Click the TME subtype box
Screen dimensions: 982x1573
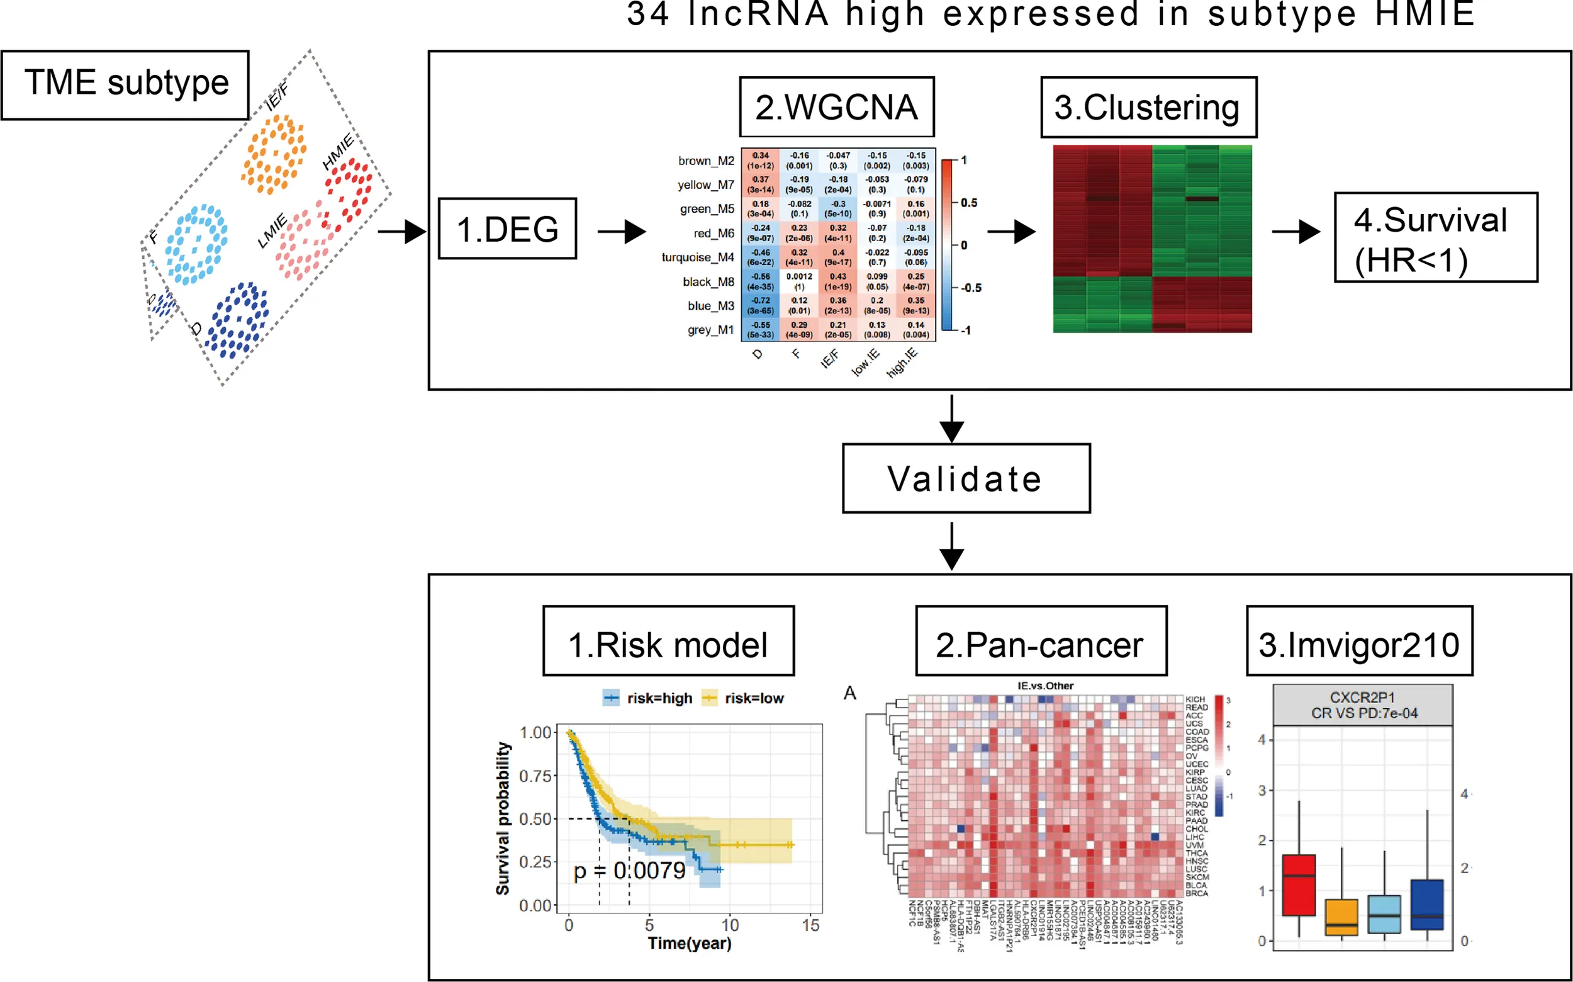pyautogui.click(x=125, y=85)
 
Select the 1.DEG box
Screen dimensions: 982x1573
pyautogui.click(x=507, y=229)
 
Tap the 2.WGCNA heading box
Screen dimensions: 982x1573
pyautogui.click(x=836, y=107)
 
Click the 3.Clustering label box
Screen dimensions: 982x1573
pyautogui.click(x=1148, y=107)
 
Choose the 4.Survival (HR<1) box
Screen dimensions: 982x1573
pyautogui.click(x=1435, y=238)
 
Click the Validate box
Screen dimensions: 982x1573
pyautogui.click(x=965, y=478)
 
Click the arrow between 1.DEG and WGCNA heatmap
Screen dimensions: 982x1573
pyautogui.click(x=621, y=231)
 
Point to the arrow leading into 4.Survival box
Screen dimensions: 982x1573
pyautogui.click(x=1295, y=231)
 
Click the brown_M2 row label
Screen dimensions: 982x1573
pyautogui.click(x=706, y=161)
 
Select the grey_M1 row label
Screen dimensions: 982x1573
pyautogui.click(x=710, y=330)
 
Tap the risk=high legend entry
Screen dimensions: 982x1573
pyautogui.click(x=648, y=698)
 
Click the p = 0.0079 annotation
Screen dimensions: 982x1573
pyautogui.click(x=629, y=871)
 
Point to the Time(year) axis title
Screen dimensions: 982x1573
pyautogui.click(x=689, y=943)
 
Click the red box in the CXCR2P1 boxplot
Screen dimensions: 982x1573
pyautogui.click(x=1299, y=885)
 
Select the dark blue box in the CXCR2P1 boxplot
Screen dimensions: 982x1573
pyautogui.click(x=1427, y=905)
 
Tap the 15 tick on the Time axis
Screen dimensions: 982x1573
pyautogui.click(x=810, y=925)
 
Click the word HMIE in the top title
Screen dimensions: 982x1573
pyautogui.click(x=1425, y=14)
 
